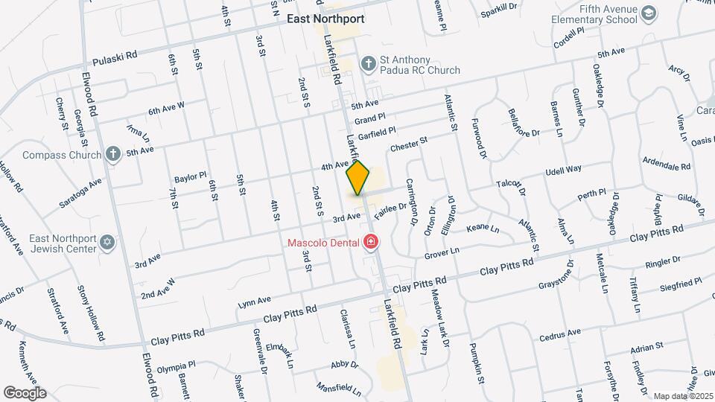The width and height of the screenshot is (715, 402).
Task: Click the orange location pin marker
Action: coord(357,177)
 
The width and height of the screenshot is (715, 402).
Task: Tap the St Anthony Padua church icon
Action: coord(367,63)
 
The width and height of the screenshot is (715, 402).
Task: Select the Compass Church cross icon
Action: coord(112,155)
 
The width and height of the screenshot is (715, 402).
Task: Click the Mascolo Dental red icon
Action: coord(370,242)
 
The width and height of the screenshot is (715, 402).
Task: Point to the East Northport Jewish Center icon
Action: coord(108,243)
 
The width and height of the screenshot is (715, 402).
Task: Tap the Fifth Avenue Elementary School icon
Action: coord(649,14)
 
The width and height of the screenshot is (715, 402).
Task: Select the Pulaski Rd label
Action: coord(115,56)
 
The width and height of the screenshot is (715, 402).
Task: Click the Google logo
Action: coord(25,392)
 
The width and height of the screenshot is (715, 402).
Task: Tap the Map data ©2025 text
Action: coord(681,396)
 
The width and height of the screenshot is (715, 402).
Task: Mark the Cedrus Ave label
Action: coord(559,334)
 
